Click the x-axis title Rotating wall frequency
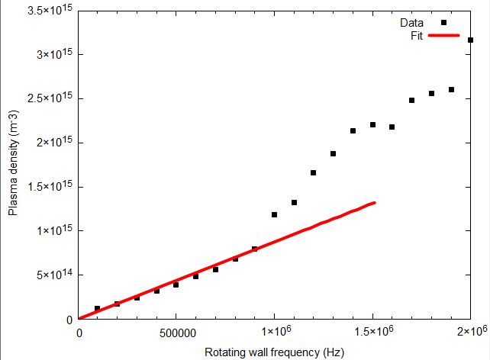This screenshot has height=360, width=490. [274, 352]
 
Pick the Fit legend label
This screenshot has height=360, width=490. [417, 36]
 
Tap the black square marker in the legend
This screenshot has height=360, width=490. [443, 23]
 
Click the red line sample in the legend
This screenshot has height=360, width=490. [443, 36]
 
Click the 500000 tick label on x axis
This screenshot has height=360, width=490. [176, 332]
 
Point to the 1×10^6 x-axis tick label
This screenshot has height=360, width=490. [274, 331]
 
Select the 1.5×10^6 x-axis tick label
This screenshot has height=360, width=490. [372, 331]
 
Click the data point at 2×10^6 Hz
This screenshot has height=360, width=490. [470, 40]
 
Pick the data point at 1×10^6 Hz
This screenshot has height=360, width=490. [274, 214]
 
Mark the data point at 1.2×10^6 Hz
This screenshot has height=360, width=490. [313, 172]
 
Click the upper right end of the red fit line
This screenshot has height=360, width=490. [374, 203]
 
